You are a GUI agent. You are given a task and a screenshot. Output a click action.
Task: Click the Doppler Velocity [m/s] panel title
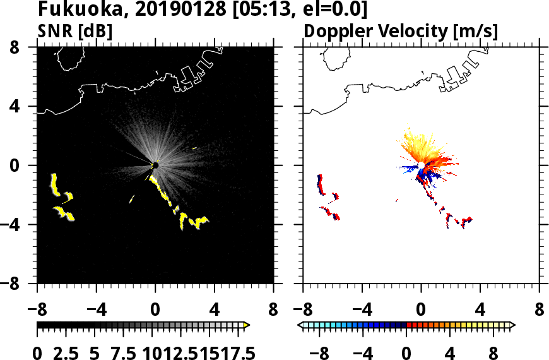click(401, 30)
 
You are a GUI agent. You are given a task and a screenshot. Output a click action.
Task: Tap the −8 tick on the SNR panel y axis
click(16, 284)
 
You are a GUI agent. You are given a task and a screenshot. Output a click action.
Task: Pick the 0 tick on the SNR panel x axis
click(155, 311)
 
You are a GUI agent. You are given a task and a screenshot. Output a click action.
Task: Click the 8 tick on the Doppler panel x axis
click(540, 311)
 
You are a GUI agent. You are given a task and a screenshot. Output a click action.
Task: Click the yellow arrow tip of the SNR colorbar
click(247, 325)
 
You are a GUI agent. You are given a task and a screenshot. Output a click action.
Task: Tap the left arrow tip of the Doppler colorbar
click(300, 325)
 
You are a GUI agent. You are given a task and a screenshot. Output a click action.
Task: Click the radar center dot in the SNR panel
click(155, 165)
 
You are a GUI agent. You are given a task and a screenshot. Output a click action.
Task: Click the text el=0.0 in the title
click(333, 9)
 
